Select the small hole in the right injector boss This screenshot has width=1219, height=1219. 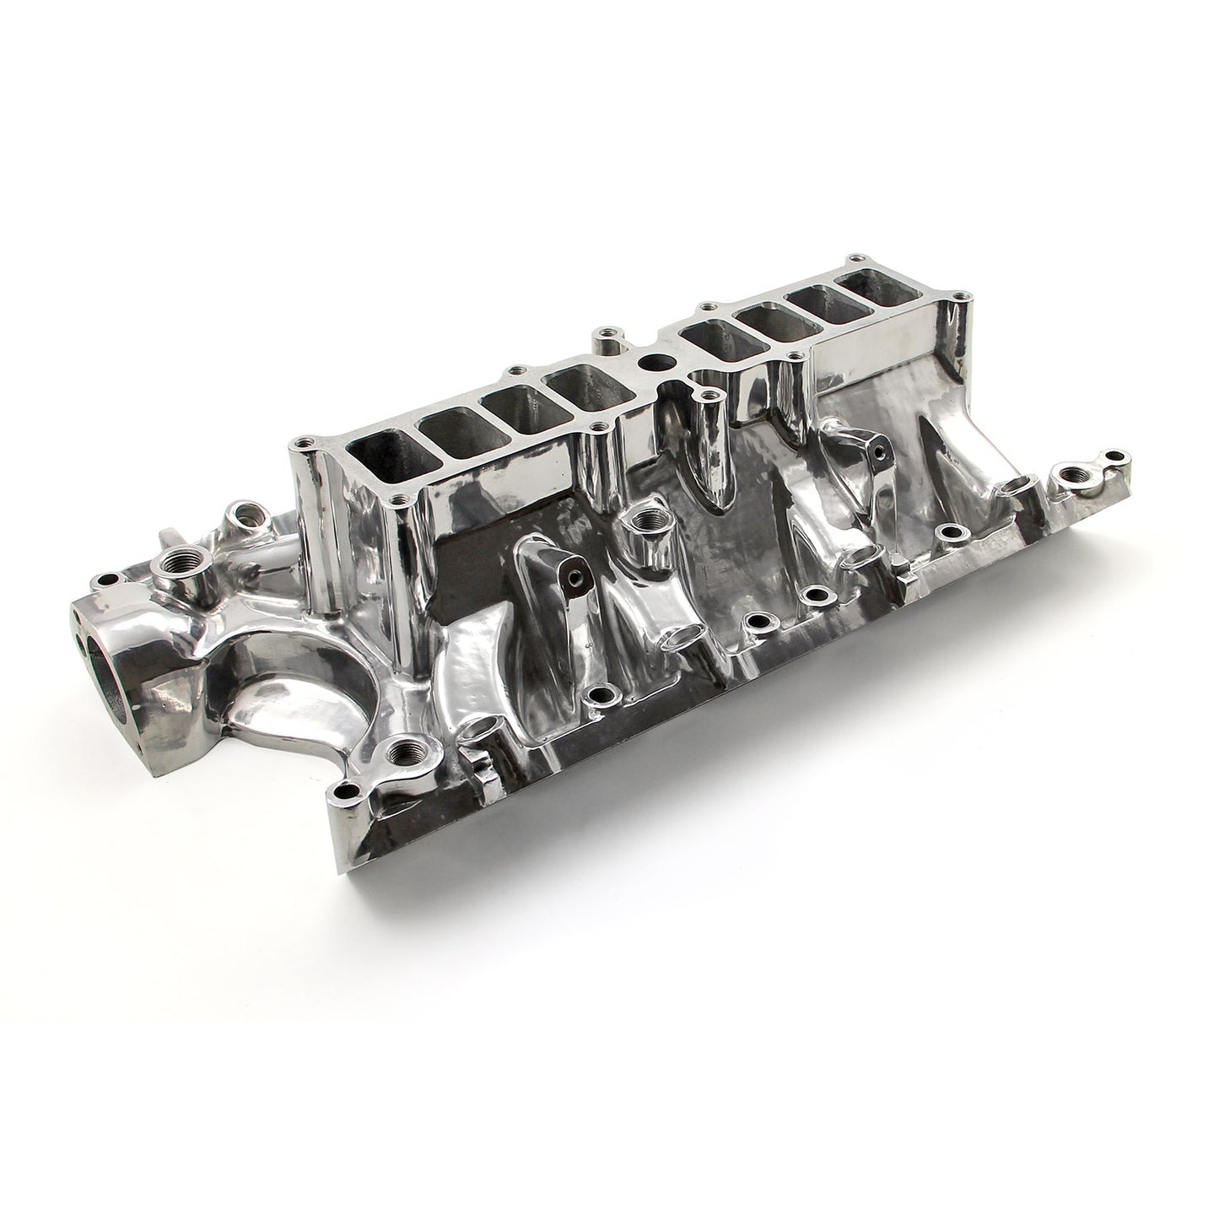tap(880, 451)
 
